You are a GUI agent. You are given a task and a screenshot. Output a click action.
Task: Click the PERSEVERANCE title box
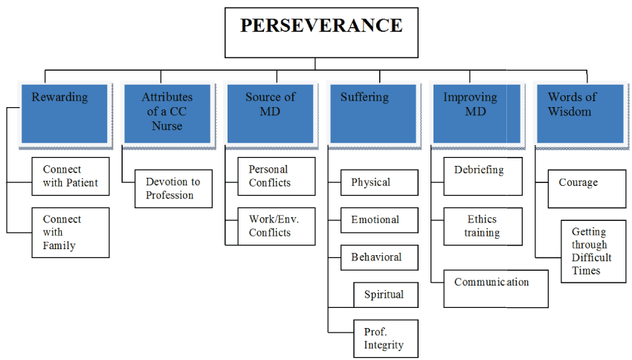321,33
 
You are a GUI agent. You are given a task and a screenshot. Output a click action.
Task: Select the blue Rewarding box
64,113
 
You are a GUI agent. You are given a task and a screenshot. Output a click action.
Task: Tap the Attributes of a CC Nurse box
167,113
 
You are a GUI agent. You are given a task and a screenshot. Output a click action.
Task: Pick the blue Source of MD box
271,113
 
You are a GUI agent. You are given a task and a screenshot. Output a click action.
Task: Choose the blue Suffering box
373,113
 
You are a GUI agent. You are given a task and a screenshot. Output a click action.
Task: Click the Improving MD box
476,113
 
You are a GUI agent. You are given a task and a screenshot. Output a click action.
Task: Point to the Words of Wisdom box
579,113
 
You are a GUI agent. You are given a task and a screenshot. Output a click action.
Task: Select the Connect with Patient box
71,176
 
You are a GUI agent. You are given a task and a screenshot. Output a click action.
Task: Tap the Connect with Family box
71,232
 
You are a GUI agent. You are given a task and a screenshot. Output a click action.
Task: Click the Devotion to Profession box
173,189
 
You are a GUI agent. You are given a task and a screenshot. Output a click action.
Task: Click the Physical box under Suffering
379,182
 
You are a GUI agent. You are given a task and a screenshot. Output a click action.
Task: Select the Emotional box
379,220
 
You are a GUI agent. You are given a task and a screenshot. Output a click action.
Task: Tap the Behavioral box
379,257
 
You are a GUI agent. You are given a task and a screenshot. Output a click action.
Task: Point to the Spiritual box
386,295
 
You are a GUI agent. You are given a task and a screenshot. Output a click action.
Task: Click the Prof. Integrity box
386,338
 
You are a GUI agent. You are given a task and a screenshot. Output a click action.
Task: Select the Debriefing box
483,176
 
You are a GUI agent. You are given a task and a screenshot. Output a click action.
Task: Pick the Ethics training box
483,226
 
